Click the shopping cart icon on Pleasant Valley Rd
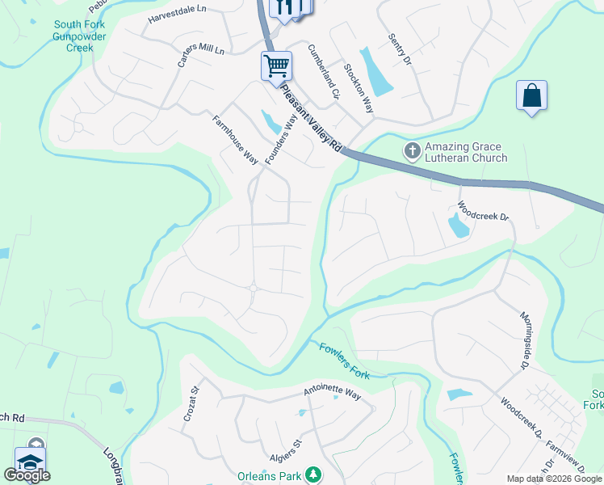pos(276,66)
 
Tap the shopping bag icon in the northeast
pos(531,95)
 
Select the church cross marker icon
pos(411,151)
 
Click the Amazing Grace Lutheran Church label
pos(466,151)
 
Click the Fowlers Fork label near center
pos(344,361)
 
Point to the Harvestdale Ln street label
pos(178,19)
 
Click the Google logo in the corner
pos(27,475)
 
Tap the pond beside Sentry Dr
pos(375,73)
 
